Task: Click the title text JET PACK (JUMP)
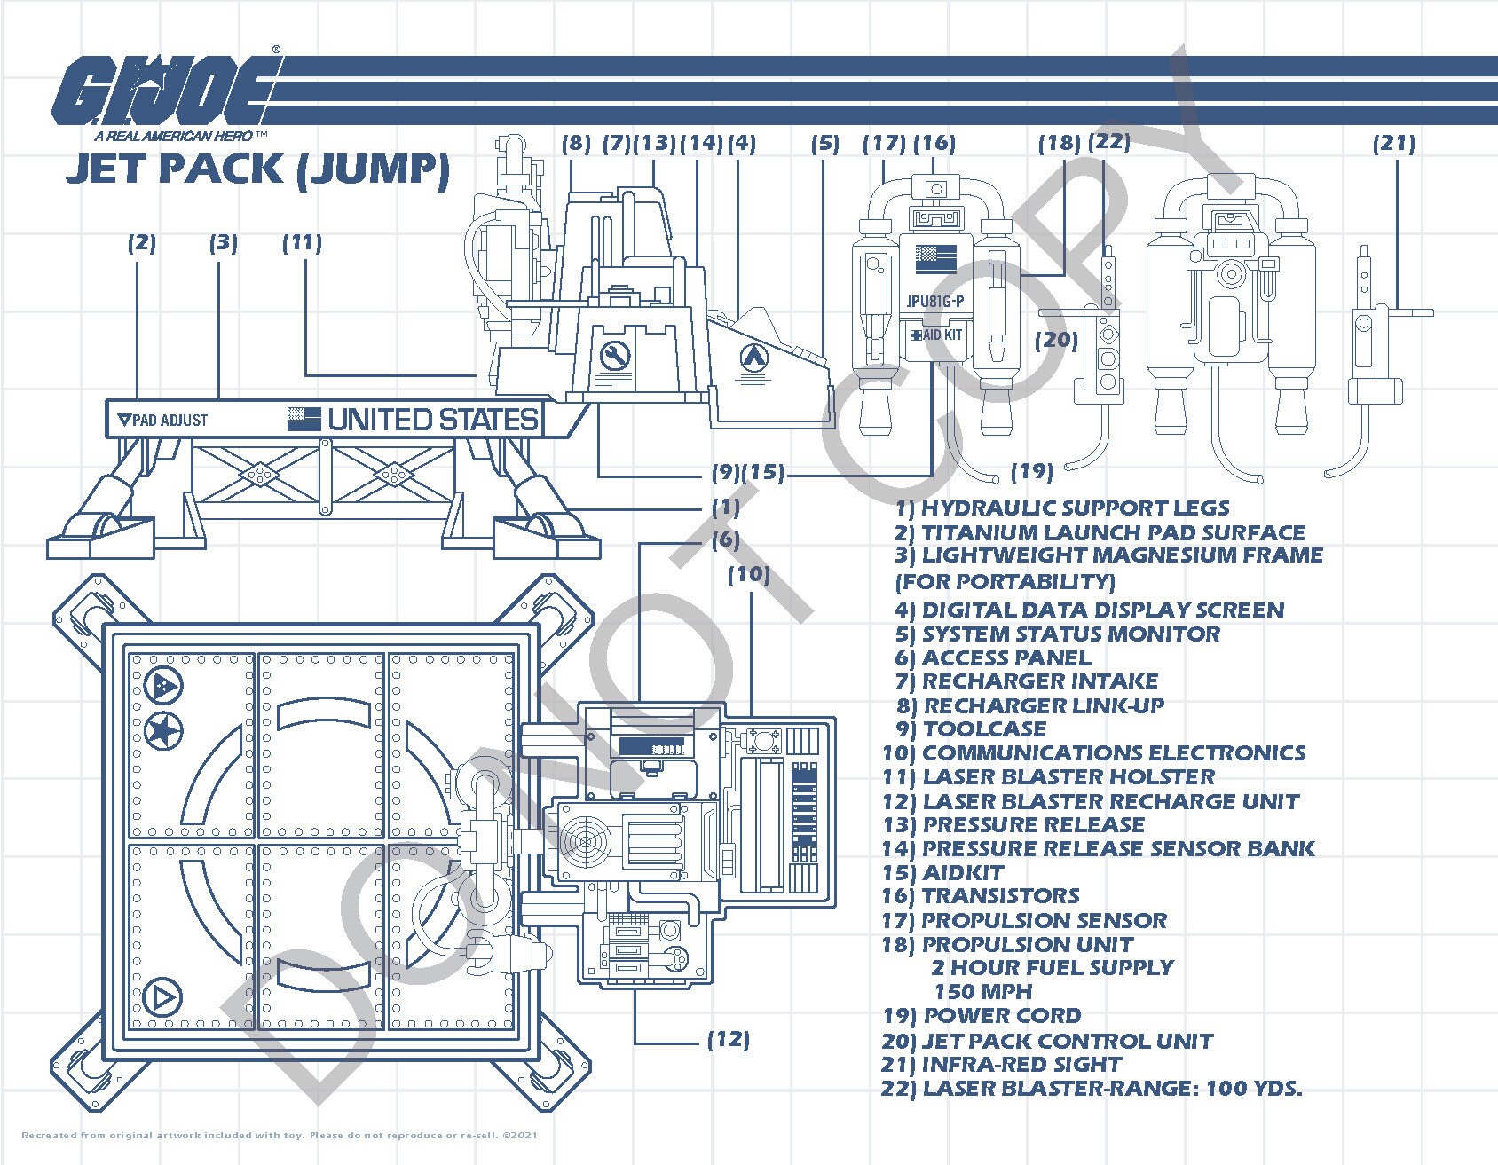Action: [257, 169]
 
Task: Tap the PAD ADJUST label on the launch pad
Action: [163, 420]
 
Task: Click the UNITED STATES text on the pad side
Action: [433, 419]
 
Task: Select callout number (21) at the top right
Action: [1393, 143]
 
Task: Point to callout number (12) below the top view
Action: [728, 1039]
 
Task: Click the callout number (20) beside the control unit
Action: [1056, 340]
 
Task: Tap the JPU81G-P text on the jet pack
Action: [934, 301]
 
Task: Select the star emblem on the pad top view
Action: [163, 732]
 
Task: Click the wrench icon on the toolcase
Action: [614, 357]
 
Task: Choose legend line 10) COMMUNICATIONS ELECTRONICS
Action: [1093, 753]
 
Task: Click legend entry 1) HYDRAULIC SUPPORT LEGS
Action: [1062, 508]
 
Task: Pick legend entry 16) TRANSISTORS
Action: [980, 896]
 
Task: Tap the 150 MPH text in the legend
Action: [982, 991]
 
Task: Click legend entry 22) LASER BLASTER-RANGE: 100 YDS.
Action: [1092, 1089]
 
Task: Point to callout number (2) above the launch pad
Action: [141, 243]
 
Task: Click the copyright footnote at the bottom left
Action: [279, 1135]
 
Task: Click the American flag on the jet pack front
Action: [935, 257]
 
